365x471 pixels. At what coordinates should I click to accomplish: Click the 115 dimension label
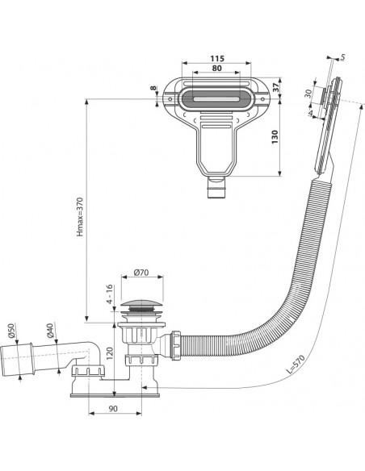tap(216, 58)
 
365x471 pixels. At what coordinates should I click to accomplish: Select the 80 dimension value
tap(216, 69)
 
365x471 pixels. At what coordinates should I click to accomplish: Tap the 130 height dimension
tap(275, 136)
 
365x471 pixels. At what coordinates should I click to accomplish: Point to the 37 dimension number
tap(275, 87)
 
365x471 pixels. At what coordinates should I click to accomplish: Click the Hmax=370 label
tap(80, 216)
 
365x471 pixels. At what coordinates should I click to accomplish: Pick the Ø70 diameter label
tap(141, 273)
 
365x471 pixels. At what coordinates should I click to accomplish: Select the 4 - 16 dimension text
tap(110, 294)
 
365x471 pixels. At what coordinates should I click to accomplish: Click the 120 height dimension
tap(109, 353)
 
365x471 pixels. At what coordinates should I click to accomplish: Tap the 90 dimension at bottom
tap(113, 409)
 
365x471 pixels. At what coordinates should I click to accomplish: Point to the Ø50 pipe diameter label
tap(11, 331)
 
